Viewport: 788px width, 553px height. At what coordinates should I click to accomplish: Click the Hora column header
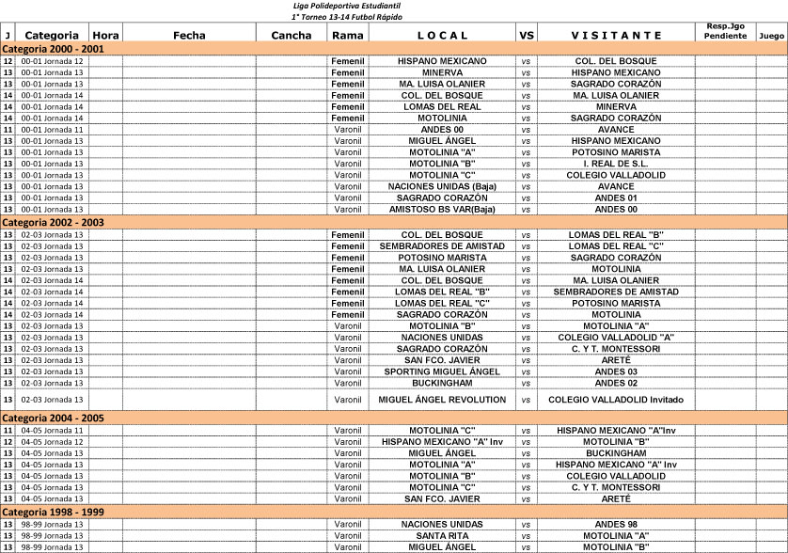106,35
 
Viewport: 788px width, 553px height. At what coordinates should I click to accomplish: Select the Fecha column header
189,35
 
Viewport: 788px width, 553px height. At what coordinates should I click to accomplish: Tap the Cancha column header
291,35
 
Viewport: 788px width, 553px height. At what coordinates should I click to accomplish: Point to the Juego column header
771,35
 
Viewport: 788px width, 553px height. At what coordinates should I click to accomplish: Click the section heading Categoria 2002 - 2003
54,223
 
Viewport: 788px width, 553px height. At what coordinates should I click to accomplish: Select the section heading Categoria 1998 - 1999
54,512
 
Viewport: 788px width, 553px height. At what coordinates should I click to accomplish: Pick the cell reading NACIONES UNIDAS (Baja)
442,186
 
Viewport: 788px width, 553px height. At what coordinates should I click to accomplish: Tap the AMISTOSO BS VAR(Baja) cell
442,209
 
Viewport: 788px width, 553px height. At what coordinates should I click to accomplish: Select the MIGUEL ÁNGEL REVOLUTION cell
442,400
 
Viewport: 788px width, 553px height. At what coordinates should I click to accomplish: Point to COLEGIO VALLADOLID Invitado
616,400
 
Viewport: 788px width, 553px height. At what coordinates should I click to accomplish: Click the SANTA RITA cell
442,535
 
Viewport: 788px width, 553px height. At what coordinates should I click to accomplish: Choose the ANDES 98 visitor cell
616,524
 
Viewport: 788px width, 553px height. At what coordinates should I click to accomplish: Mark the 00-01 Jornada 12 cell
52,61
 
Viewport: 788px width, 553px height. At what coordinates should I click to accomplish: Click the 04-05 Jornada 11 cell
52,431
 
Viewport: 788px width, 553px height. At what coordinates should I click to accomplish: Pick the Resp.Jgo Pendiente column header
726,30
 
